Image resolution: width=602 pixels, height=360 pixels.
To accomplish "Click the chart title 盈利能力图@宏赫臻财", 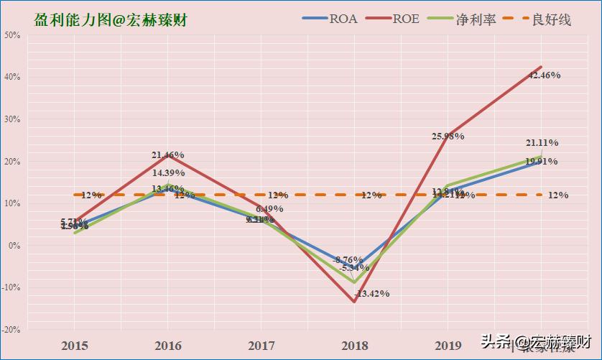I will [110, 20].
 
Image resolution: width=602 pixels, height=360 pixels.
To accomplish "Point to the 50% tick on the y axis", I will [13, 34].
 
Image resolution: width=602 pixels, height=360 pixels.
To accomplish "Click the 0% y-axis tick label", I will [14, 245].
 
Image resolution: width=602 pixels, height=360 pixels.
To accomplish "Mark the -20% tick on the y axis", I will [11, 329].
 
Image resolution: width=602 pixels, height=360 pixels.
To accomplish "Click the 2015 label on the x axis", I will [75, 346].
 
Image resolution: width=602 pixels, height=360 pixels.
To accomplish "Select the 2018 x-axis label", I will [354, 346].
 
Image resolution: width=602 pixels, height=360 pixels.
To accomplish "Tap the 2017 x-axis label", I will [261, 346].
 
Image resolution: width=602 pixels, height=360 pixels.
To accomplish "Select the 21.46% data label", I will [168, 154].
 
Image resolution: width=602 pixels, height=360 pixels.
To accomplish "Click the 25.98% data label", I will [448, 136].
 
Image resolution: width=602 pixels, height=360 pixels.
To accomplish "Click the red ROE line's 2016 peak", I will [168, 156].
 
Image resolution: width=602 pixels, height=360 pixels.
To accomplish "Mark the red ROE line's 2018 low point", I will [354, 301].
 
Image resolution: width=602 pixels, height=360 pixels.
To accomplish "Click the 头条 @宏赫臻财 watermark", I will [535, 340].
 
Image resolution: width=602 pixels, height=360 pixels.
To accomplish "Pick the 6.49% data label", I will [269, 208].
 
